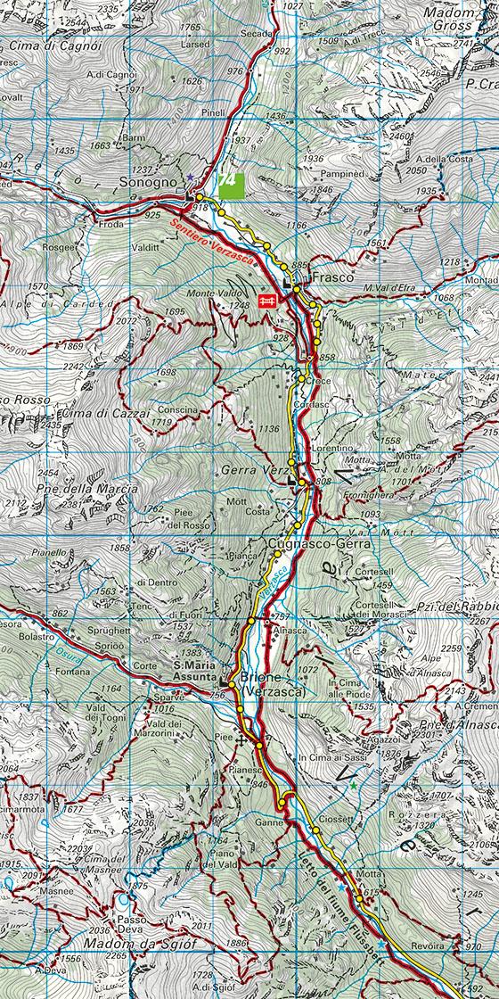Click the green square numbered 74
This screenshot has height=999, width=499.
click(230, 179)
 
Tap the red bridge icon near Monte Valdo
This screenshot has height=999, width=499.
click(265, 301)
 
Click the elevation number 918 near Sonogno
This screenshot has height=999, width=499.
click(200, 208)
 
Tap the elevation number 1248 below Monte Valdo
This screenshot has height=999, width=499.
click(237, 306)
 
